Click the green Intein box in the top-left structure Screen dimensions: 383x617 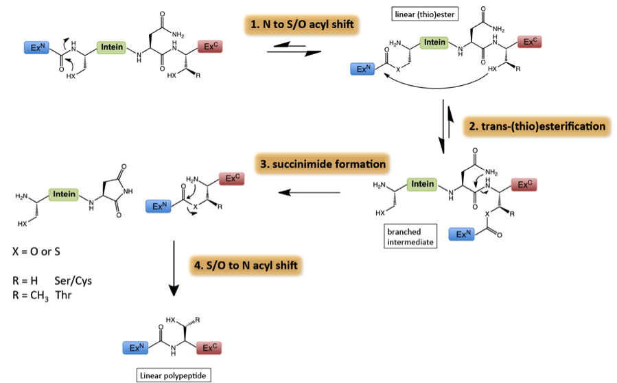point(112,47)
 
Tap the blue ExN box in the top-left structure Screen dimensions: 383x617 point(36,47)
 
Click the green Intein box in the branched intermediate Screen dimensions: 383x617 point(421,184)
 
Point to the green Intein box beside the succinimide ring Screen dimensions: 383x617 point(64,194)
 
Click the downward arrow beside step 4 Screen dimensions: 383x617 point(174,268)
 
